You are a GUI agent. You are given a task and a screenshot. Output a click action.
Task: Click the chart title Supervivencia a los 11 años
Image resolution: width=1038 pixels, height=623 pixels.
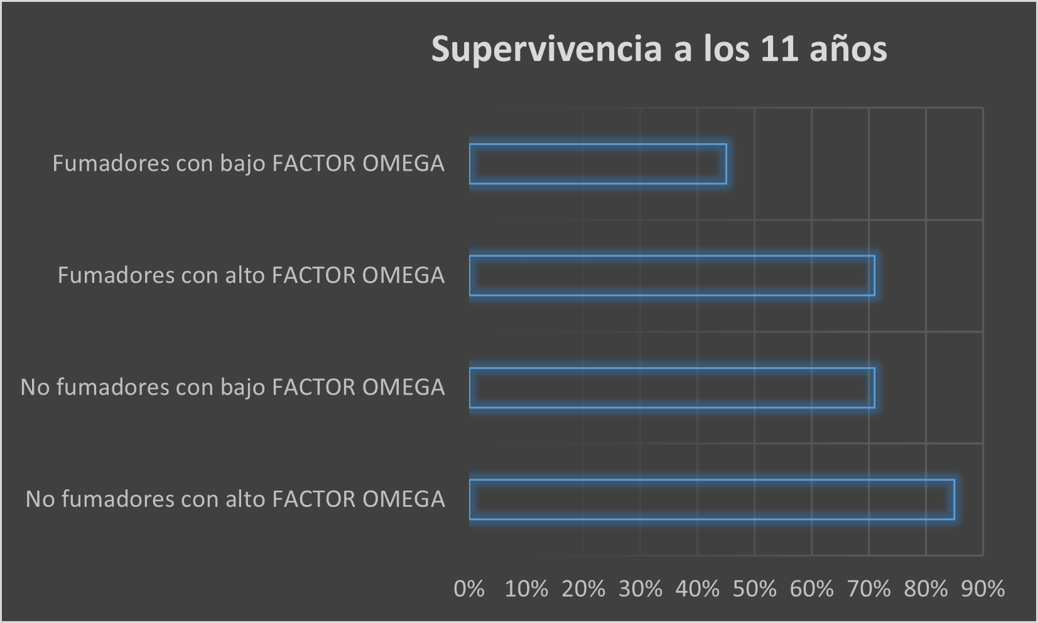click(659, 49)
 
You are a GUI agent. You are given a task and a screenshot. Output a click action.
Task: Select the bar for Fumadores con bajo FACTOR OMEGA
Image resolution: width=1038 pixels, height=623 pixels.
click(598, 164)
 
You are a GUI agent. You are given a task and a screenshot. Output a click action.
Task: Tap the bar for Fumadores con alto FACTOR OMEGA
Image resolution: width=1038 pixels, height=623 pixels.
click(672, 275)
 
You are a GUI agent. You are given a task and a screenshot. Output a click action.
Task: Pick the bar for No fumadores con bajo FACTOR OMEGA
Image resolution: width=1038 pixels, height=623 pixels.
click(672, 388)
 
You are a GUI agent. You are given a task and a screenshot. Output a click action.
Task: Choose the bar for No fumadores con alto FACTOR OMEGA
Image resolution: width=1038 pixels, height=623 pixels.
click(711, 499)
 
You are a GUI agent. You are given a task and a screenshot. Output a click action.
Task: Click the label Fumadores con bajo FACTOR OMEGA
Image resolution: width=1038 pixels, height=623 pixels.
click(248, 164)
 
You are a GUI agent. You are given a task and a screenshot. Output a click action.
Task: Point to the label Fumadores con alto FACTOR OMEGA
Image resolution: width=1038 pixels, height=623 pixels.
click(251, 275)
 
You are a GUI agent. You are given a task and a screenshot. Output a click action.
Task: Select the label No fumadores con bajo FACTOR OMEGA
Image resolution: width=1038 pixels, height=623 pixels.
click(232, 388)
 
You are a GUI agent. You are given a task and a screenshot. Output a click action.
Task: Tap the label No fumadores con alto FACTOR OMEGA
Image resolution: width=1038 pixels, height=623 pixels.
click(235, 499)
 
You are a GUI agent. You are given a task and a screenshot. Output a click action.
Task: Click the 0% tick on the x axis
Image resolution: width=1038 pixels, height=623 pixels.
click(469, 589)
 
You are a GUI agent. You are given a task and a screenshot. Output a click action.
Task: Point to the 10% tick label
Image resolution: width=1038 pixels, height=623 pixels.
click(526, 589)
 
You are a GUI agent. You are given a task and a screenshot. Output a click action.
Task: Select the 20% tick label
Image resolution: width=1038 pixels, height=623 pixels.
click(583, 589)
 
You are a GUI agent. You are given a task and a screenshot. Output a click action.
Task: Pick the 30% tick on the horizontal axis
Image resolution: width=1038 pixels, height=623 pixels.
click(641, 589)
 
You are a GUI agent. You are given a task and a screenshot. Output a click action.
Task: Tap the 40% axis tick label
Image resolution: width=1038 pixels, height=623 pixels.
click(698, 589)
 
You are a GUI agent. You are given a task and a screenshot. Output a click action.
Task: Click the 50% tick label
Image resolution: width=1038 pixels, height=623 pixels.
click(755, 589)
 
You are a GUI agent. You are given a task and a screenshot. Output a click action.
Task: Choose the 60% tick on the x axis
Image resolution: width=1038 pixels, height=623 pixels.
click(812, 589)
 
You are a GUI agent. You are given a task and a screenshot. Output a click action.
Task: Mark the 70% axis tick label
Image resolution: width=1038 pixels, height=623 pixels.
click(869, 589)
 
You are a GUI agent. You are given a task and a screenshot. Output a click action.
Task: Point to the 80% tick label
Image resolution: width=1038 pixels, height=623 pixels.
click(926, 589)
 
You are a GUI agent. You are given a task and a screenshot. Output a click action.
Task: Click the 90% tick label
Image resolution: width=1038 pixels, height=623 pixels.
click(983, 589)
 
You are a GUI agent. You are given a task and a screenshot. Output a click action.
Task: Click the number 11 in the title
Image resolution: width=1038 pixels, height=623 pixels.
click(779, 49)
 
